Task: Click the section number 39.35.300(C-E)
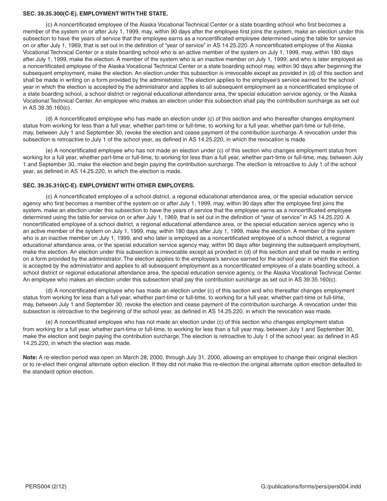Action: [x=56, y=14]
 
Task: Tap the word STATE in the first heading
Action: [x=158, y=14]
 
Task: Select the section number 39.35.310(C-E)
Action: [x=56, y=186]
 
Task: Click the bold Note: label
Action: [x=30, y=358]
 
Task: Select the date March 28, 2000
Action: [x=130, y=358]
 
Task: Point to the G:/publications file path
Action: [x=311, y=487]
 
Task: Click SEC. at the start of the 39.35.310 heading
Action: [x=29, y=186]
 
